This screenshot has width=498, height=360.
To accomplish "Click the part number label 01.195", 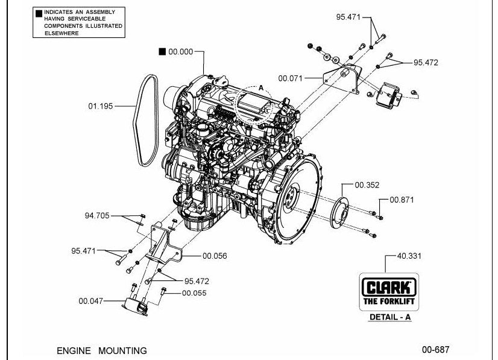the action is pyautogui.click(x=100, y=106).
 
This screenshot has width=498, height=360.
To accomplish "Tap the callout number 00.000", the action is pyautogui.click(x=181, y=52).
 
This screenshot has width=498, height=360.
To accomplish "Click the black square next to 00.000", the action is pyautogui.click(x=162, y=51).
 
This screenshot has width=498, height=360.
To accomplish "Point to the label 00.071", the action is pyautogui.click(x=290, y=78).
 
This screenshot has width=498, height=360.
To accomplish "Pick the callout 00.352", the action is pyautogui.click(x=367, y=185).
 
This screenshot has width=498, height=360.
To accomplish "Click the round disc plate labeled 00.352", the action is pyautogui.click(x=339, y=213).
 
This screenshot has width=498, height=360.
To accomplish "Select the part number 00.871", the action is pyautogui.click(x=402, y=200).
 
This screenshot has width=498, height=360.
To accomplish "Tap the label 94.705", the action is pyautogui.click(x=97, y=216).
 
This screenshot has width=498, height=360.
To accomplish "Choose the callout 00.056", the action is pyautogui.click(x=215, y=256).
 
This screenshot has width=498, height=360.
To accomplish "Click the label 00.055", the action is pyautogui.click(x=194, y=293).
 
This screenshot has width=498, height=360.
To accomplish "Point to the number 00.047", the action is pyautogui.click(x=91, y=301).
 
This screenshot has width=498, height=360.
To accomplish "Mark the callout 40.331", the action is pyautogui.click(x=409, y=256).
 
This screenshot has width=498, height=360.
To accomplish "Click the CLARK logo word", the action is pyautogui.click(x=389, y=287).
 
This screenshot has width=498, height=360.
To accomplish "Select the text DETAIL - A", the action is pyautogui.click(x=390, y=317).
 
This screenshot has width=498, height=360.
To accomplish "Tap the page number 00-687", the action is pyautogui.click(x=436, y=350).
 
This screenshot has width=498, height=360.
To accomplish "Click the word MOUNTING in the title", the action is pyautogui.click(x=122, y=351).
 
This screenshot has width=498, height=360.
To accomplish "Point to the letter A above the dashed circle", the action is pyautogui.click(x=261, y=87).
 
